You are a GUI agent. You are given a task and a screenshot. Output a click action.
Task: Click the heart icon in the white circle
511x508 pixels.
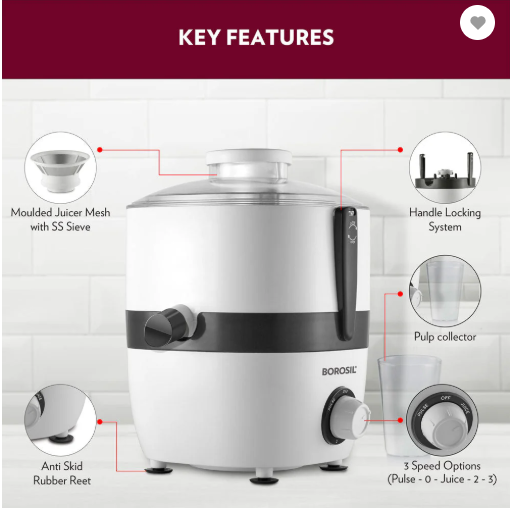pos(478,23)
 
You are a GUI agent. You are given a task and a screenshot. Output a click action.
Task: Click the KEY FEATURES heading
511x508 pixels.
pos(256,37)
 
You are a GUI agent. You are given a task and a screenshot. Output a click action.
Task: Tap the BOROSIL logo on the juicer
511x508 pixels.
pos(339,371)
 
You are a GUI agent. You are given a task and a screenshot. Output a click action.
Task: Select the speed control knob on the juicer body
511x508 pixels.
pos(346,415)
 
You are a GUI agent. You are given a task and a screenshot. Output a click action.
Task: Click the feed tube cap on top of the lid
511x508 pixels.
pos(249,165)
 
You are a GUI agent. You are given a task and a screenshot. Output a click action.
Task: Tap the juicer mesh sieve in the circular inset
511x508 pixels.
pos(60,171)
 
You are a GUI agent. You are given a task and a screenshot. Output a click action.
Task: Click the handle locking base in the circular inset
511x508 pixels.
pos(445,176)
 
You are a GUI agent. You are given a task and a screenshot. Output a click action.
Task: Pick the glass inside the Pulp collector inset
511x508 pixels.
pos(444,291)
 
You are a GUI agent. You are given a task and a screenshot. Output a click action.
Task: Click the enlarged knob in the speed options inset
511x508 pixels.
pos(443,420)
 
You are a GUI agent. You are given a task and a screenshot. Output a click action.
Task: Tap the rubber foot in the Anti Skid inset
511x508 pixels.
pos(61,437)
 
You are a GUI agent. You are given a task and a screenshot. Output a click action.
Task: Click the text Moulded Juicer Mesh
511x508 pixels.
pos(60,213)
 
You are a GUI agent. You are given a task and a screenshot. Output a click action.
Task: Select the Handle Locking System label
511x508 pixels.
pos(445,220)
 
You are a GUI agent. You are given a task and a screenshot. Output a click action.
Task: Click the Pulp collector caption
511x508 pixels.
pos(445,337)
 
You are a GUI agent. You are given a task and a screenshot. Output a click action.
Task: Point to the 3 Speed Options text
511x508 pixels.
pos(442,466)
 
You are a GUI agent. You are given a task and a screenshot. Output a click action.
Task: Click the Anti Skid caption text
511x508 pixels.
pos(62,466)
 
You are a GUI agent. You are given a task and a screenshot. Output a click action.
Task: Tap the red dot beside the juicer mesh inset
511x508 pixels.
pos(100,150)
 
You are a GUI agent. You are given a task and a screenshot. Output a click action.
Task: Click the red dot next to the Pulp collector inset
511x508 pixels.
pos(400,294)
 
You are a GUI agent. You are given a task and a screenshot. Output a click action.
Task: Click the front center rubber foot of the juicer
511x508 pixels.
pos(264,480)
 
